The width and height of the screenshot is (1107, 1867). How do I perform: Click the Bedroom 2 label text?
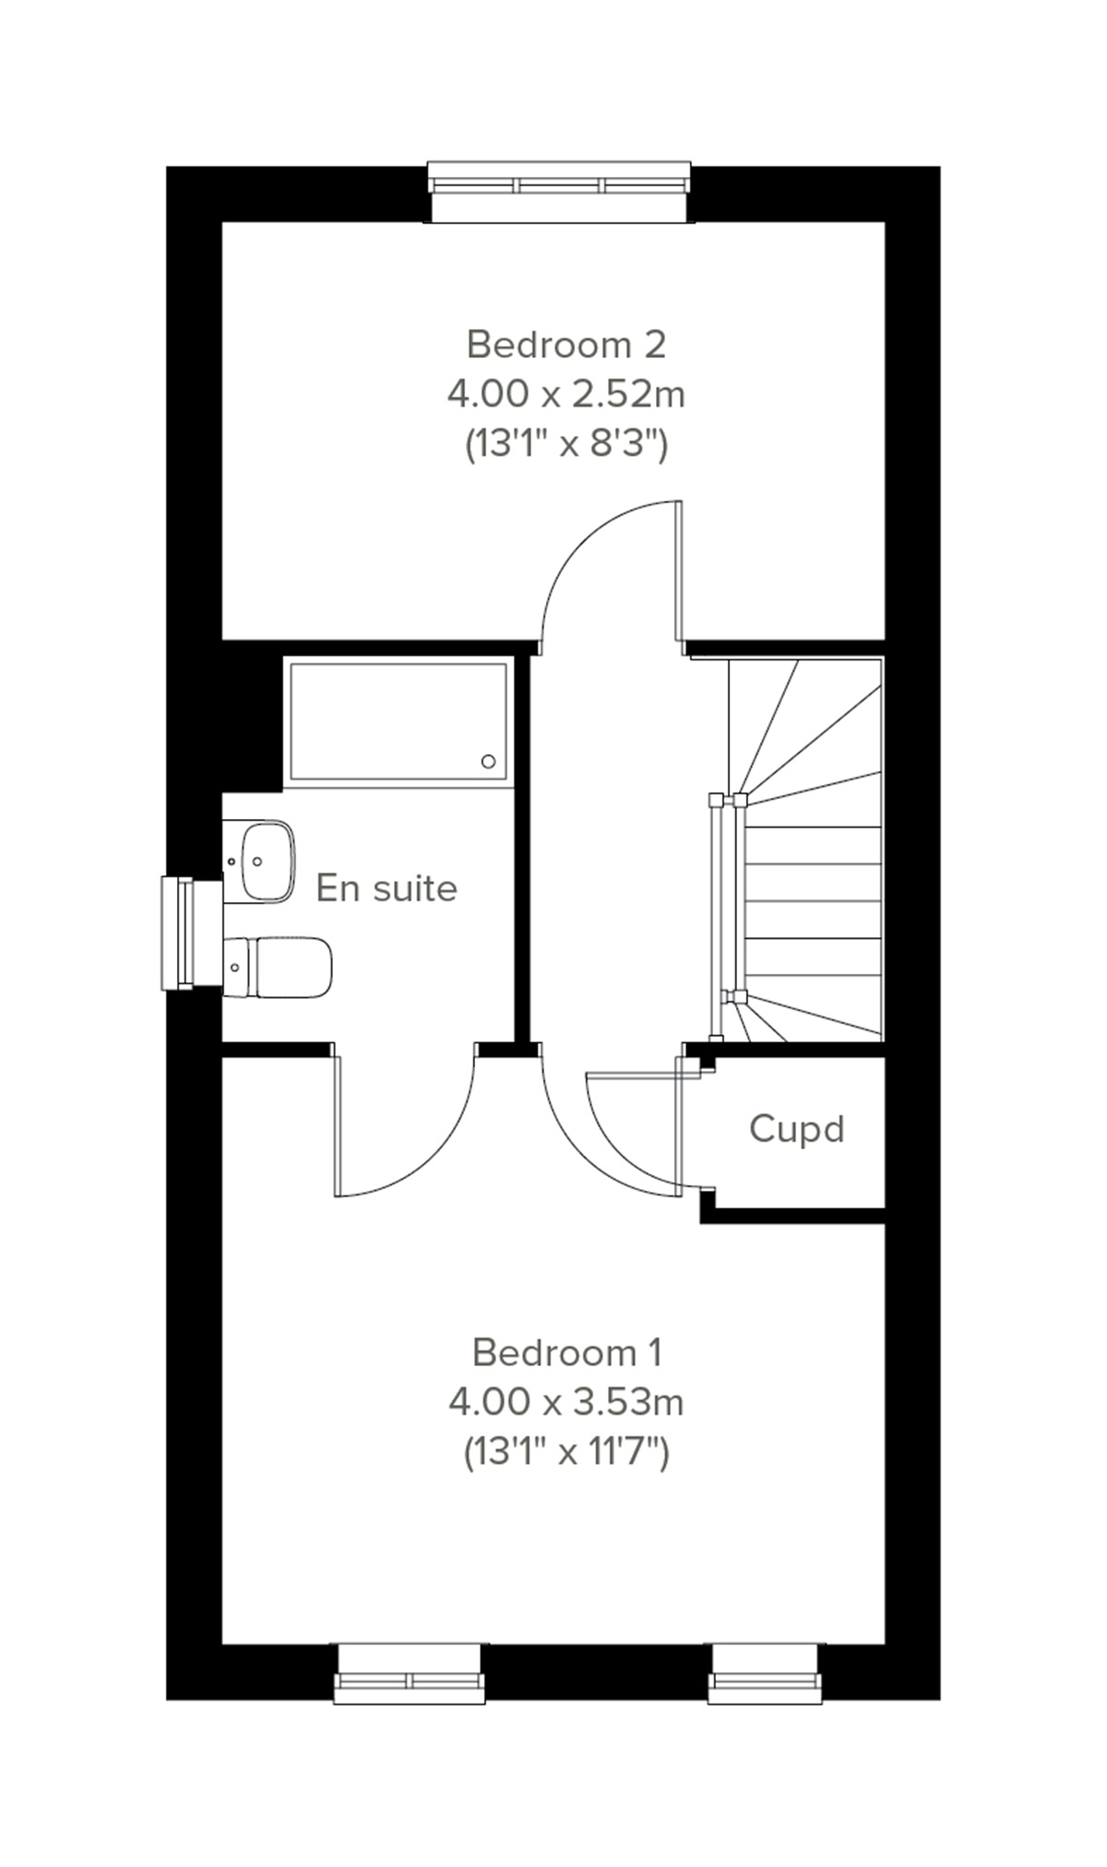click(565, 344)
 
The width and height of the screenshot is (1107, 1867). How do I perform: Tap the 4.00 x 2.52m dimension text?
click(565, 395)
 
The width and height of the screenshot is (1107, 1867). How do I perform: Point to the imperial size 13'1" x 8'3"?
click(565, 446)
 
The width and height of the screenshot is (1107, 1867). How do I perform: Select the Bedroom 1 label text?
click(566, 1352)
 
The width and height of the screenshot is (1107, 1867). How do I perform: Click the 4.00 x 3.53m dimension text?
click(565, 1403)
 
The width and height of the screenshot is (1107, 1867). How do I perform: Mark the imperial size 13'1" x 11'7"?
click(565, 1454)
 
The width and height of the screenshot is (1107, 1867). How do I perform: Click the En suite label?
click(387, 888)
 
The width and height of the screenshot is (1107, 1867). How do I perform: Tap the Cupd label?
click(796, 1128)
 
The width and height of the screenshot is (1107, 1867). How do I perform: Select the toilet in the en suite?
click(279, 968)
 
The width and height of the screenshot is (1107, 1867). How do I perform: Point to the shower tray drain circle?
click(488, 761)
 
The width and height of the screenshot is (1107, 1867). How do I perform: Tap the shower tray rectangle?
click(399, 721)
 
